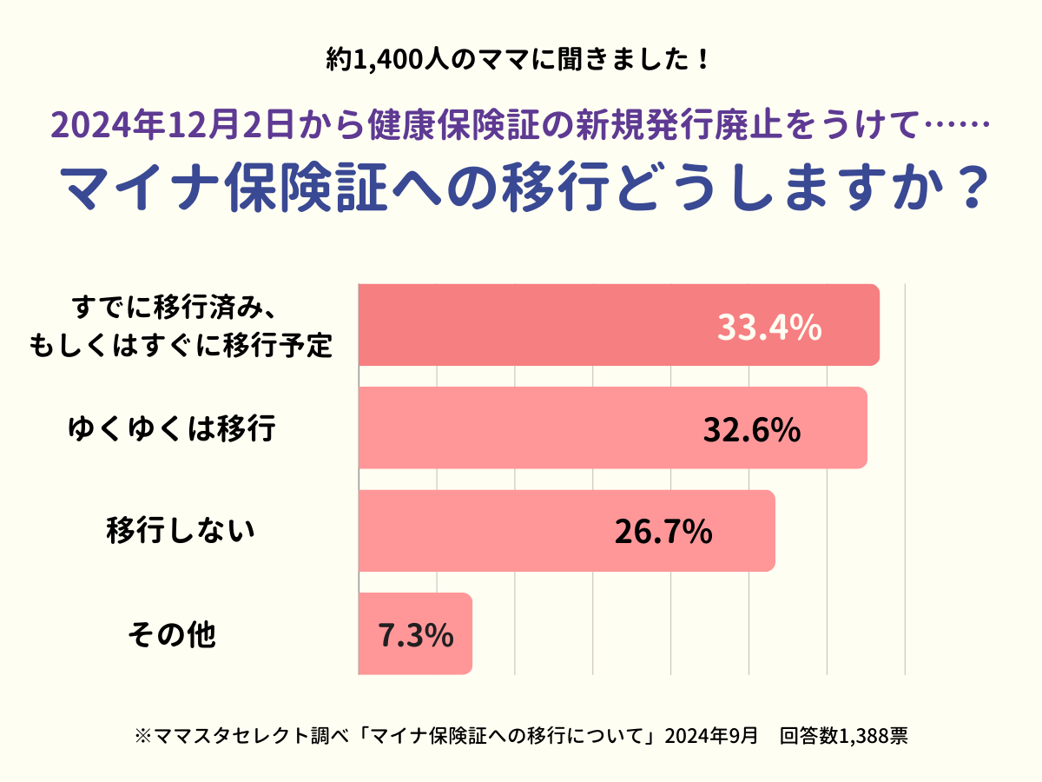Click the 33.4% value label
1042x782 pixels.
pos(769,328)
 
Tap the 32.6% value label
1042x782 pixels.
pos(751,429)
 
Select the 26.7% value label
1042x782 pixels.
pos(663,532)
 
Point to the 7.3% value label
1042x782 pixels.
pos(416,635)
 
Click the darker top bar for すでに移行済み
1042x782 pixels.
pos(538,325)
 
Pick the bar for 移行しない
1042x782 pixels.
pos(486,531)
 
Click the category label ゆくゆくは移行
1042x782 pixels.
pos(172,428)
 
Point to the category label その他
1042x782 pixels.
pos(171,635)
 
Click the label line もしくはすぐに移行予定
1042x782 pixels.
pos(181,345)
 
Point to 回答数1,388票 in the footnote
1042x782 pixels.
pos(844,736)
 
